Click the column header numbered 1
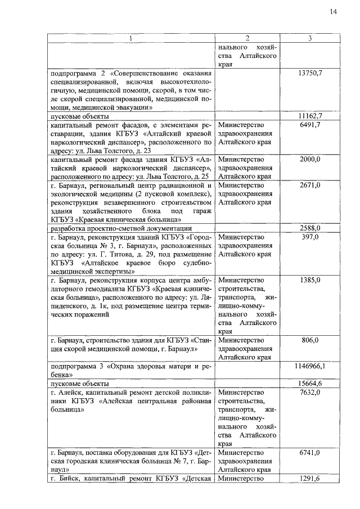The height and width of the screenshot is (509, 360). click(130, 38)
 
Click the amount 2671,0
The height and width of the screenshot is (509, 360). click(310, 185)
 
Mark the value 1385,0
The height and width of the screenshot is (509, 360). click(310, 280)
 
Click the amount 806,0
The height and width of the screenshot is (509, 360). click(310, 340)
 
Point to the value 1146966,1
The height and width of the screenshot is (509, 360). click(310, 366)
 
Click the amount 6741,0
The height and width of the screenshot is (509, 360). click(310, 452)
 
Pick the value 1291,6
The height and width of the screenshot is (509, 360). click(310, 478)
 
